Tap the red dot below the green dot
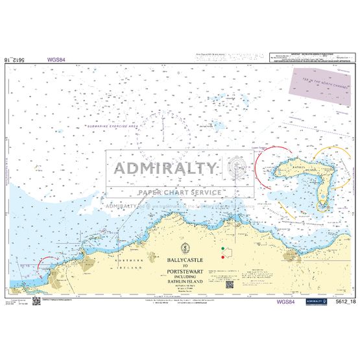point(222,257)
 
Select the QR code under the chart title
point(228,283)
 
